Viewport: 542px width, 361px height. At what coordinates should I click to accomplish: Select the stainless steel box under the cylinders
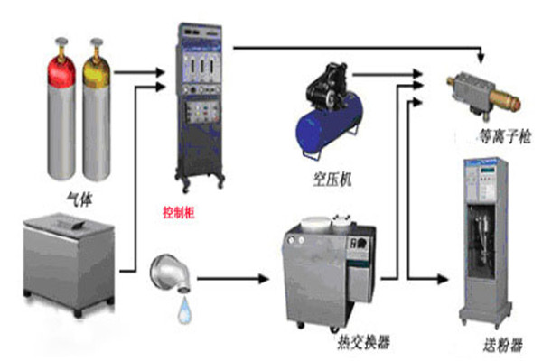click(x=70, y=257)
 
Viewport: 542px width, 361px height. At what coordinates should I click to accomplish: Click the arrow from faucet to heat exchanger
click(x=235, y=279)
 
